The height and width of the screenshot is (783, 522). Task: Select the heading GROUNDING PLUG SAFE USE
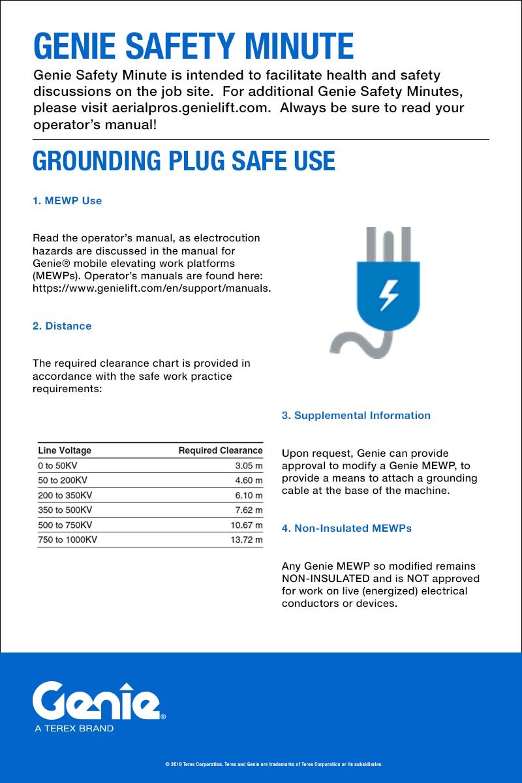point(183,161)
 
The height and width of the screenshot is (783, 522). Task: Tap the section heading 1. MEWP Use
point(67,201)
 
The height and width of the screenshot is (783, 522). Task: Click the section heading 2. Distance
point(62,326)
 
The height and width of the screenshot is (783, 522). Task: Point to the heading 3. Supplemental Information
point(356,416)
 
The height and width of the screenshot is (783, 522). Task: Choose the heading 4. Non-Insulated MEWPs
point(346,529)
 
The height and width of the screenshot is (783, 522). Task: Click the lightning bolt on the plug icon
point(389,294)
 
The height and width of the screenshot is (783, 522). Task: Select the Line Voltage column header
point(65,450)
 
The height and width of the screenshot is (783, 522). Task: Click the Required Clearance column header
point(221,450)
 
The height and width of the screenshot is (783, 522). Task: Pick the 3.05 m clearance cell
point(249,466)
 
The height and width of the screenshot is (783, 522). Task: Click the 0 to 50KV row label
point(59,466)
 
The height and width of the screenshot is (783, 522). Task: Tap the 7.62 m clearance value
point(249,510)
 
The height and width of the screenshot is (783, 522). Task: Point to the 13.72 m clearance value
point(247,540)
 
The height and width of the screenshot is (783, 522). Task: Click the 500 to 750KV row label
point(65,525)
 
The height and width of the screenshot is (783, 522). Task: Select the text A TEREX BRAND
point(74,728)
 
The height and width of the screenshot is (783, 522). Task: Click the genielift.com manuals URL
point(151,288)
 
